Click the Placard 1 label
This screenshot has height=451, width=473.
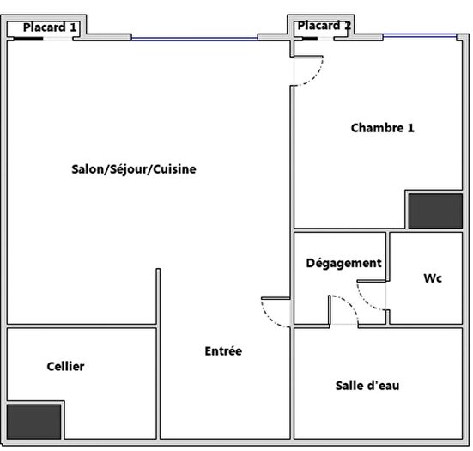click(50, 27)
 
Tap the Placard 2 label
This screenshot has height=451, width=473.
click(324, 26)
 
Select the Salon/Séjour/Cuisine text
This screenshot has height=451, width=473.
click(134, 169)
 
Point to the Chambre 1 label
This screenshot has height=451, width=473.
click(382, 128)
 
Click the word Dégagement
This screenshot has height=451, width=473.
click(343, 263)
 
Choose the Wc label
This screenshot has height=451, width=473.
click(433, 279)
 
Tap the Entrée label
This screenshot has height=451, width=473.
click(223, 351)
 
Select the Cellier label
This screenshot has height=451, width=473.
click(65, 367)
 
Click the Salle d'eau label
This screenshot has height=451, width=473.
click(367, 386)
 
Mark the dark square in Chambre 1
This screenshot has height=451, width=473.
click(435, 211)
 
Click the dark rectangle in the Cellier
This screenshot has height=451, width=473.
click(34, 420)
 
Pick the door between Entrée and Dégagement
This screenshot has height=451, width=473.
click(276, 310)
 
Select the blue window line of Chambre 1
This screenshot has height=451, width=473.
click(419, 35)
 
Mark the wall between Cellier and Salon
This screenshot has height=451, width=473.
click(82, 326)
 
